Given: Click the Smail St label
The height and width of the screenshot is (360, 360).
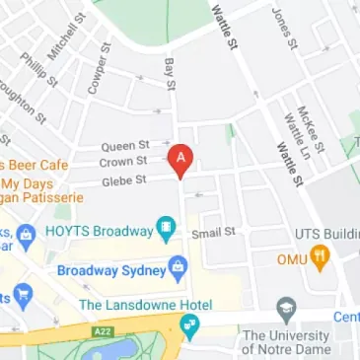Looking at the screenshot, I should tap(215, 233).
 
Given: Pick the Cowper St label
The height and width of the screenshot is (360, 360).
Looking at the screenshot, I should tap(97, 70).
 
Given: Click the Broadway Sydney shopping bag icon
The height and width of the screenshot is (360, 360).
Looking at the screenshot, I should tap(178, 266).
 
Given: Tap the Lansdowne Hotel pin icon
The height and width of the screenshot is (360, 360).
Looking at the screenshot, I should tap(189, 324).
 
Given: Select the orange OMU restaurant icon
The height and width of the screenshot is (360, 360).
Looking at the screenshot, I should tap(319, 257).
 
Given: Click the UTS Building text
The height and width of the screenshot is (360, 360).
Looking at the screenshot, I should tap(327, 234).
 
